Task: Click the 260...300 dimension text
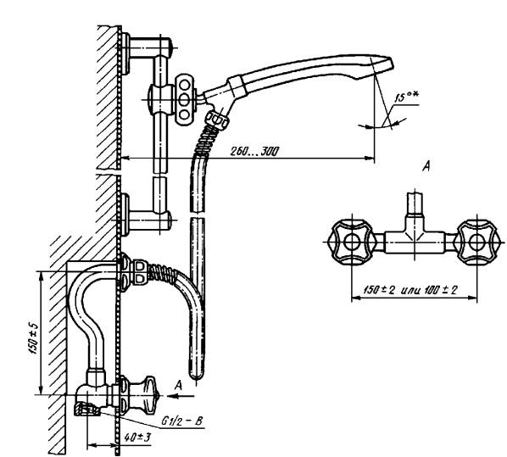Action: tap(254, 152)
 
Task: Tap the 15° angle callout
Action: tap(406, 98)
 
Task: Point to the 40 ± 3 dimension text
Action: tap(137, 437)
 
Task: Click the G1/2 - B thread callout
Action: tap(182, 421)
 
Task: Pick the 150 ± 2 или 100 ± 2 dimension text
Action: tap(410, 289)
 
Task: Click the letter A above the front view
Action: tap(426, 166)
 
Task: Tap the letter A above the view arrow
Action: tap(178, 385)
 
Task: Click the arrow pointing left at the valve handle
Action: tap(181, 396)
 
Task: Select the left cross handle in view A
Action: tap(351, 242)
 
